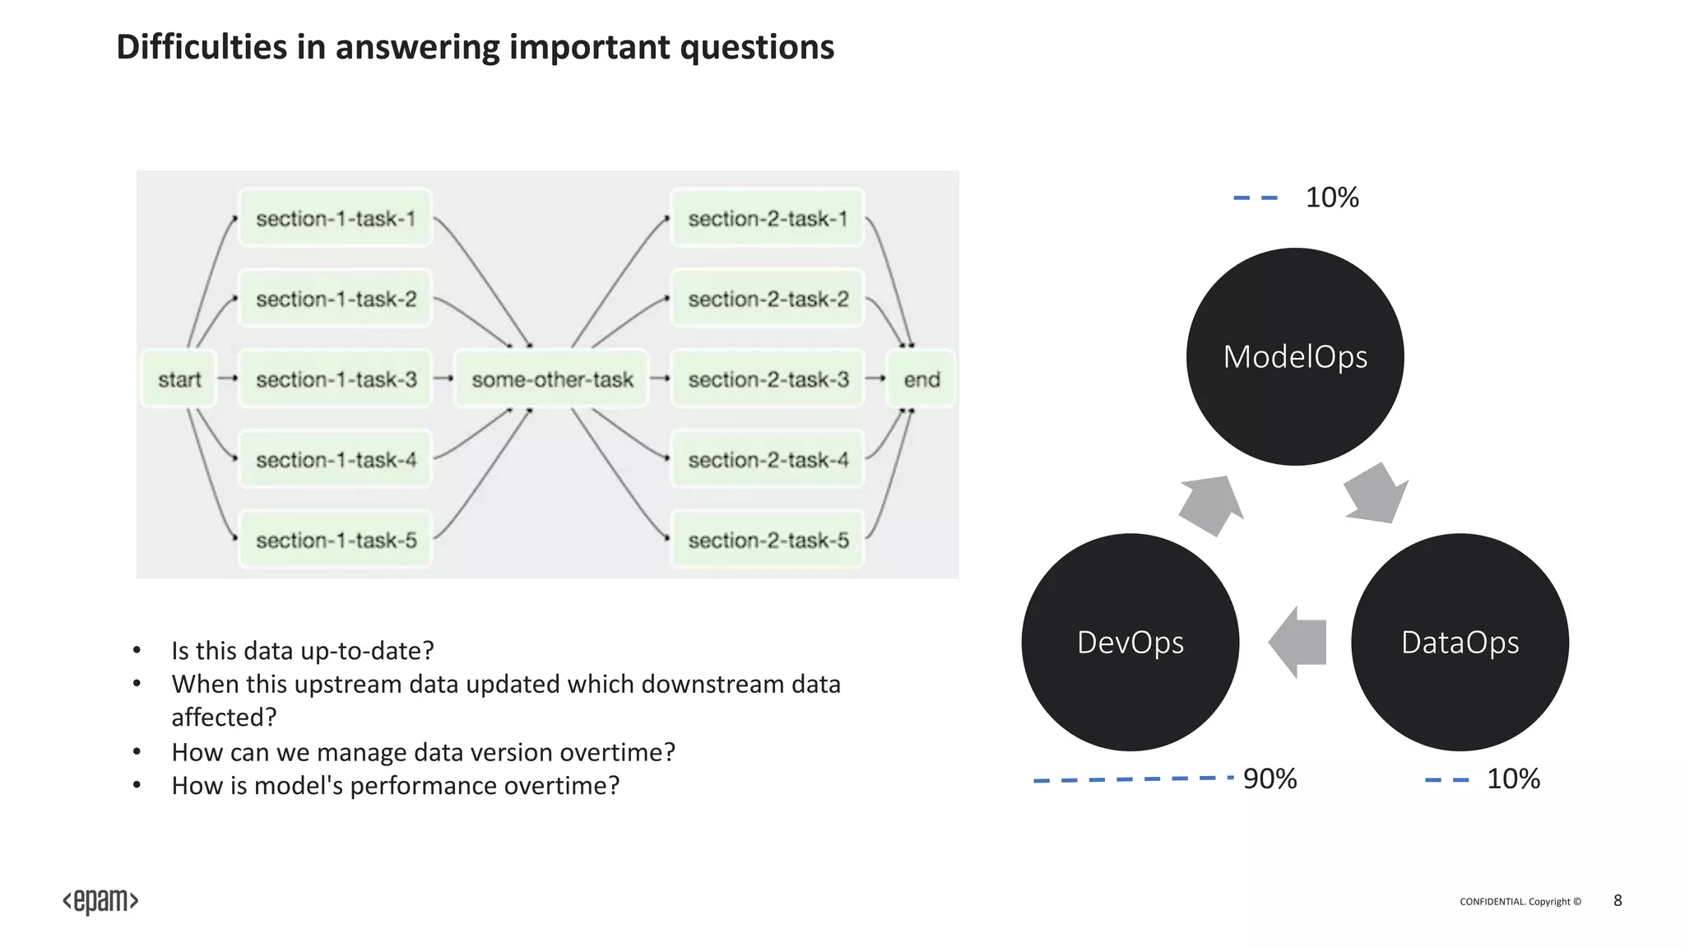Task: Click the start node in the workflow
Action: click(x=179, y=379)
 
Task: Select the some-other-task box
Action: click(x=551, y=379)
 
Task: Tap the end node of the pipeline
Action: click(x=921, y=379)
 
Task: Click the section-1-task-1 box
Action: click(x=335, y=219)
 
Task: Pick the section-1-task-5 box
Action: click(x=335, y=540)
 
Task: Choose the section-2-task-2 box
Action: click(x=768, y=299)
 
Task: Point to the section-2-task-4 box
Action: click(x=768, y=459)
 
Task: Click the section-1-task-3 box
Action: click(x=335, y=379)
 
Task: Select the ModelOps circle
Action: click(x=1295, y=356)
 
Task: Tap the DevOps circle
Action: click(x=1130, y=642)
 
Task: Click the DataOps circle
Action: click(x=1460, y=642)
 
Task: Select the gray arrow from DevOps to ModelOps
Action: click(x=1210, y=504)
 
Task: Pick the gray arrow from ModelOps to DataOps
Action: click(x=1376, y=495)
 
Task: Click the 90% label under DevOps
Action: click(x=1270, y=778)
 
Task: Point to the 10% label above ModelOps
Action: click(x=1331, y=197)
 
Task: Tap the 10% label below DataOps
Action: click(x=1512, y=778)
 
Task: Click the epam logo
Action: click(x=100, y=901)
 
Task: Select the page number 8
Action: click(x=1618, y=900)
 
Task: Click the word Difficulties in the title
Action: click(x=202, y=47)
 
